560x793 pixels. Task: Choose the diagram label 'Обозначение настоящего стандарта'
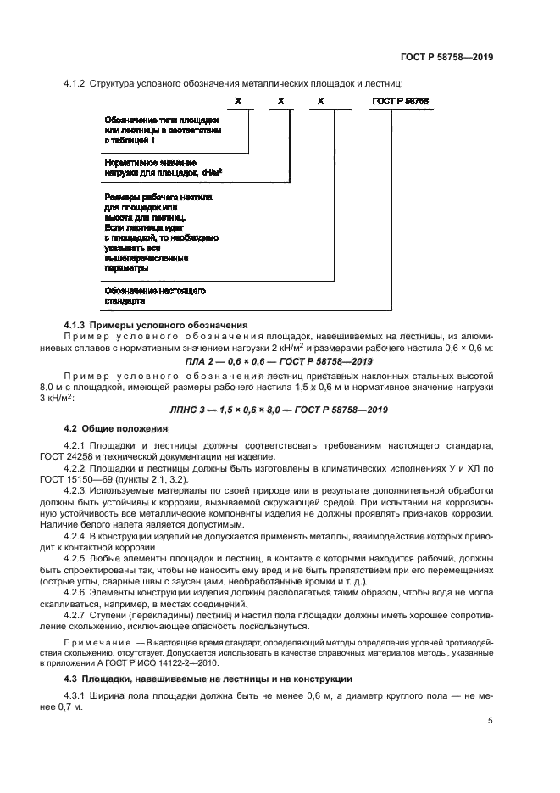(156, 295)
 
